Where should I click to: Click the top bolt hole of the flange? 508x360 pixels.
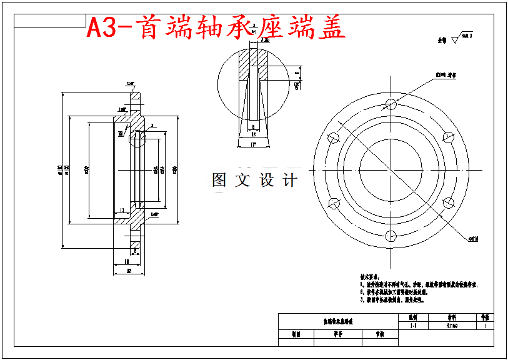(391, 103)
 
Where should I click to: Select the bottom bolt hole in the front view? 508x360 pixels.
(391, 236)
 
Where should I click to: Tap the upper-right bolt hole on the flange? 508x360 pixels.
(447, 137)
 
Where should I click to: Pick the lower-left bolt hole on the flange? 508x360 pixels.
(334, 202)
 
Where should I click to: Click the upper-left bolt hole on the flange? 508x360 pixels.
(334, 137)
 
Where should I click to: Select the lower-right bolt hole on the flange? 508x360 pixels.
(447, 202)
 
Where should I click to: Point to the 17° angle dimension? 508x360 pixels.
(253, 144)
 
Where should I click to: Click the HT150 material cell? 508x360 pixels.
(451, 326)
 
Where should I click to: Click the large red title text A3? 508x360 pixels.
(101, 27)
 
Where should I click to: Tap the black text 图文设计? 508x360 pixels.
(254, 181)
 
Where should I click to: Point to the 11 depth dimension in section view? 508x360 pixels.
(122, 210)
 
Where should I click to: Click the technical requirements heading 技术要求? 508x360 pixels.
(369, 276)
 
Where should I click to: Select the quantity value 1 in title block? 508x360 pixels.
(486, 326)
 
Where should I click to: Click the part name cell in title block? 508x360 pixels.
(337, 321)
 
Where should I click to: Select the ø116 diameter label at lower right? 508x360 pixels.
(473, 238)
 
